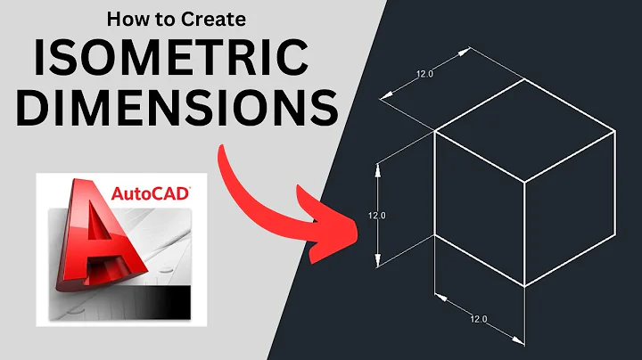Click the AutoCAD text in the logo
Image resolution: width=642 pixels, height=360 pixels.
[x=151, y=191]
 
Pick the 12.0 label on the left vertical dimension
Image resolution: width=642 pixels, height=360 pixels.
[x=376, y=214]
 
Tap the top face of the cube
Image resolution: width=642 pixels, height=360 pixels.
[x=524, y=131]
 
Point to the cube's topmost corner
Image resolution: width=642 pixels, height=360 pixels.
[x=523, y=79]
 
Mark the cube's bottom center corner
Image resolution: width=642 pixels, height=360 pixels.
[x=523, y=287]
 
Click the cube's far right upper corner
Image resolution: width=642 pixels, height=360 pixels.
[x=615, y=131]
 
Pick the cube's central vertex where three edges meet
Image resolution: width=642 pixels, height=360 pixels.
[x=523, y=184]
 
